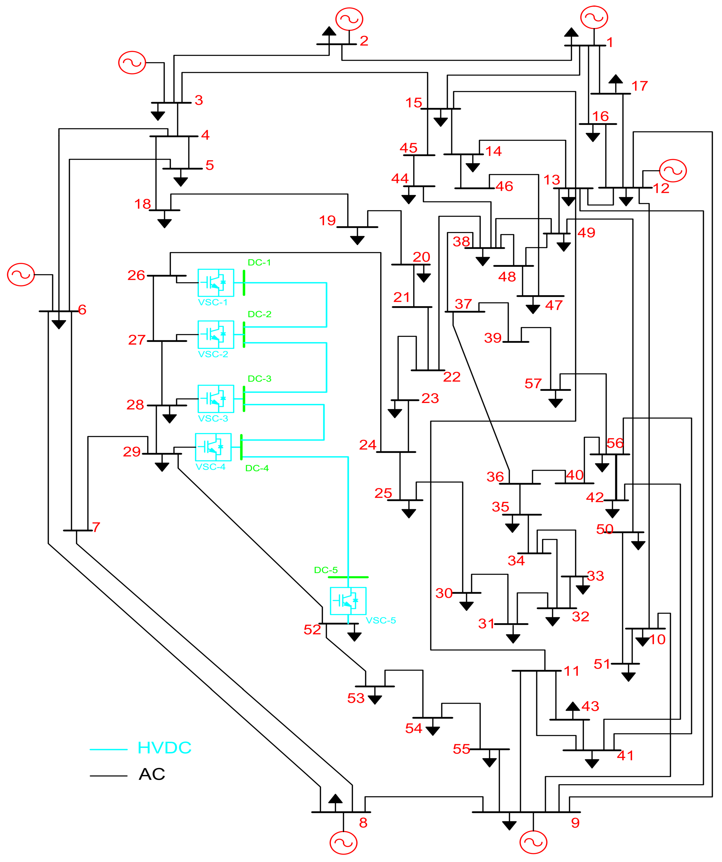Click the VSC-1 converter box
(216, 283)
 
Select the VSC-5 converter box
(348, 601)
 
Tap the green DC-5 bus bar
(348, 577)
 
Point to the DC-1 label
(259, 262)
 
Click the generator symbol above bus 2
(349, 19)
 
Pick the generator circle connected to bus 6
(21, 275)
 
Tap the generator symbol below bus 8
(343, 843)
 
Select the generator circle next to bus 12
(673, 170)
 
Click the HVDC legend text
(164, 748)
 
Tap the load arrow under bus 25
(409, 513)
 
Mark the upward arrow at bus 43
(573, 706)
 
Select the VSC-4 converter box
(213, 447)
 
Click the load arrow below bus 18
(164, 223)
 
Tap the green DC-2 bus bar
(244, 335)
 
